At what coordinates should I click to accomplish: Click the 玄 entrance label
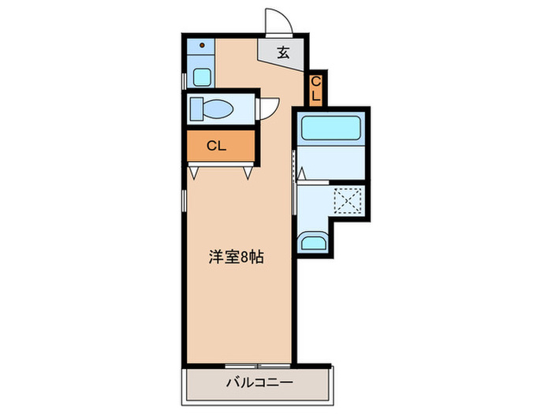point(283,54)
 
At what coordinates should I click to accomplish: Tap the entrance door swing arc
point(278,21)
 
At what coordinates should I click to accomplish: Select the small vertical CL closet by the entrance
point(315,88)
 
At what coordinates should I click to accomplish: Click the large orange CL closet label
point(217,146)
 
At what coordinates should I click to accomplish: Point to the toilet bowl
point(217,109)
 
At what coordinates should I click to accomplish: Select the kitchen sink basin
point(202,77)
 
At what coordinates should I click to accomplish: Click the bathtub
point(331,127)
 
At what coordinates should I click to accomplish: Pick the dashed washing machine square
point(347,200)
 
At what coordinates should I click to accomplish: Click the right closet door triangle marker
point(248,171)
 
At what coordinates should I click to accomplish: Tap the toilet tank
point(194,109)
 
